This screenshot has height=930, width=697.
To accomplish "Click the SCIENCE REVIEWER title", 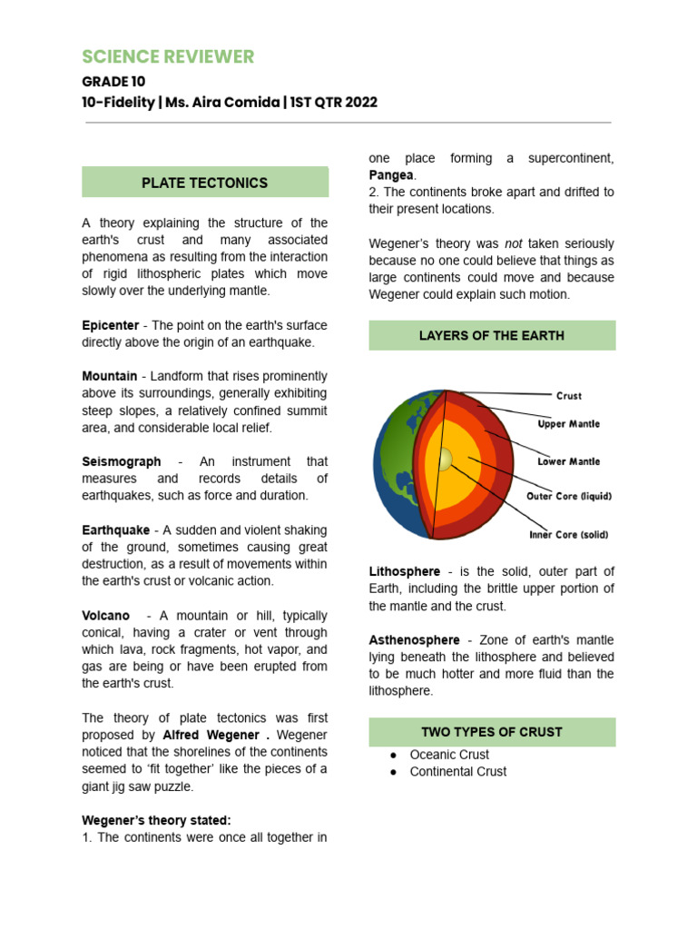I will (168, 57).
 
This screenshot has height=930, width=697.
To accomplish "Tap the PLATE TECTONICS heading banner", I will (204, 183).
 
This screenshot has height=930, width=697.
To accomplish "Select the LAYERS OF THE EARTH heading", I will (491, 335).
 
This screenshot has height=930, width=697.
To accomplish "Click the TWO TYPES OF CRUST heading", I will (491, 732).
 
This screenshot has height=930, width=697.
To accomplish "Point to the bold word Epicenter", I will (110, 325).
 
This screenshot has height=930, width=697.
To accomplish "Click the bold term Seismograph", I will (122, 461).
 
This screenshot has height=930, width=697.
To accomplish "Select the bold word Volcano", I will (105, 615).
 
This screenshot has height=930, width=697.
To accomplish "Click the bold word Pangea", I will (391, 174).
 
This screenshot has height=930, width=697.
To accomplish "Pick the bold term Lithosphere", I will (404, 571).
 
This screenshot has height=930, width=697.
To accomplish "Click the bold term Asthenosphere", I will (414, 640).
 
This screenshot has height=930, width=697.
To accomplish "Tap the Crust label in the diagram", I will (568, 396).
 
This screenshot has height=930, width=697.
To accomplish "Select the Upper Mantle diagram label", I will (568, 424).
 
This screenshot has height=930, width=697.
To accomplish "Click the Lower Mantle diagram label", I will (568, 461).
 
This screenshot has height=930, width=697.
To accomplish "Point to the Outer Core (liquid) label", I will (569, 497).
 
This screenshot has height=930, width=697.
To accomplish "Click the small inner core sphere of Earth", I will (444, 460).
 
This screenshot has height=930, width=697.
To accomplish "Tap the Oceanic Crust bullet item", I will (448, 755).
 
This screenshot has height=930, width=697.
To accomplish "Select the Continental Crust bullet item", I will (457, 772).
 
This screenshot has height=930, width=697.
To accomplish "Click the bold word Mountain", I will (109, 376).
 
